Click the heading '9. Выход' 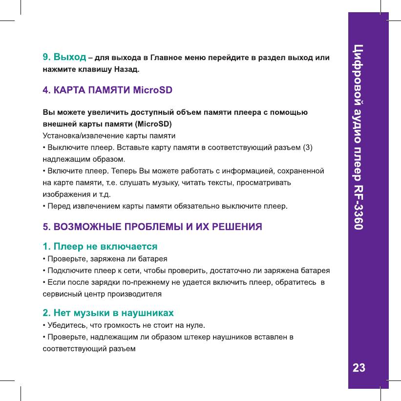64,59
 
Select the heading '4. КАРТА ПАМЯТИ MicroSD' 107,90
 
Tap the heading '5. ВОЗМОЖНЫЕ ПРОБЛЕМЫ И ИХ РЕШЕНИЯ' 152,227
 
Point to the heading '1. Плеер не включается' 100,246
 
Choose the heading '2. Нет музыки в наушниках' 108,312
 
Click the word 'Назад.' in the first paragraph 126,70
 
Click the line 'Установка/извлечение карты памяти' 109,135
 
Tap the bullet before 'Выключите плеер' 44,147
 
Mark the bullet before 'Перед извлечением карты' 44,206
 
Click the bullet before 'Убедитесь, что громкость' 44,324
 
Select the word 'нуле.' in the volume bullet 195,324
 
